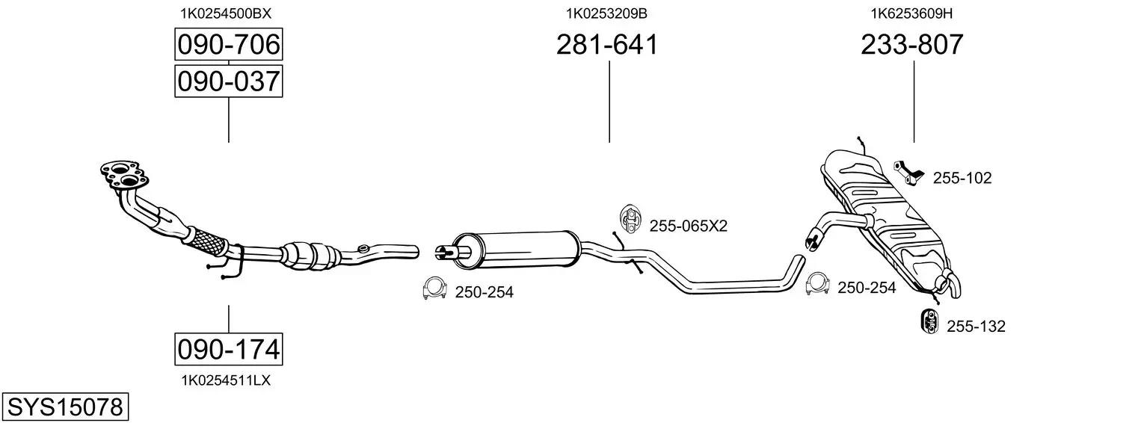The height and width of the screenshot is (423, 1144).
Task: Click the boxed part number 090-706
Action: pyautogui.click(x=228, y=44)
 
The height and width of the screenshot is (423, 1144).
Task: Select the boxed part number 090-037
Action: pyautogui.click(x=228, y=81)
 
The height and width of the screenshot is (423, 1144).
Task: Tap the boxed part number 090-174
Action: pyautogui.click(x=228, y=349)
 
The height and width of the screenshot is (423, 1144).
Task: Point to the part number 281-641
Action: pyautogui.click(x=607, y=44)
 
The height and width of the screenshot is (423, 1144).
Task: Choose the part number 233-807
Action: pyautogui.click(x=912, y=44)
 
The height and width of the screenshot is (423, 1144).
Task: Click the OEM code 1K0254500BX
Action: pyautogui.click(x=225, y=13)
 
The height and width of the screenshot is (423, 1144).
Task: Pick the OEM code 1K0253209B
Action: pyautogui.click(x=606, y=13)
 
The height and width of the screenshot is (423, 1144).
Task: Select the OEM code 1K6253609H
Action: pyautogui.click(x=911, y=13)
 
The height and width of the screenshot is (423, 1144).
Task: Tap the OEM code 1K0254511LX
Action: pyautogui.click(x=226, y=380)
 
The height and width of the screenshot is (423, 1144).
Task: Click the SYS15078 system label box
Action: pyautogui.click(x=65, y=407)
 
